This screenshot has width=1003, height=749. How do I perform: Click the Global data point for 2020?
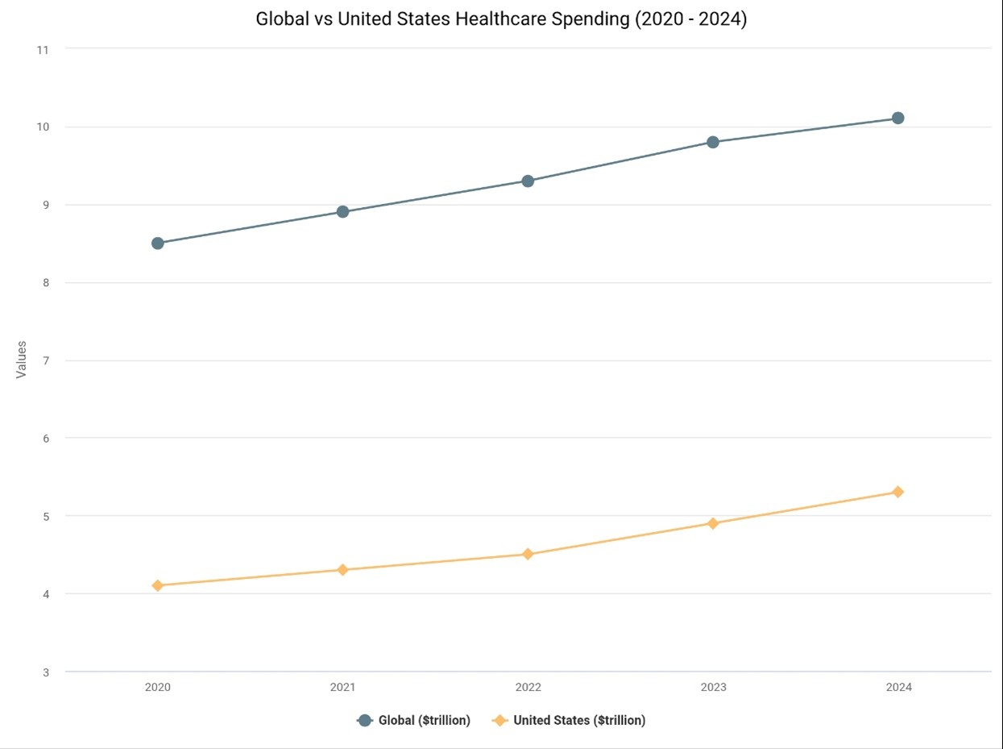(158, 243)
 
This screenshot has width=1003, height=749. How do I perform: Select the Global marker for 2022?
(528, 181)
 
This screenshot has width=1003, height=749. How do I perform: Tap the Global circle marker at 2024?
(897, 118)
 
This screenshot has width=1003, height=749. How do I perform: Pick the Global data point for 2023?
(713, 142)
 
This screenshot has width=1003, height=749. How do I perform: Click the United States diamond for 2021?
(342, 570)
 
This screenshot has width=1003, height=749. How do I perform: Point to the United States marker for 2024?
(897, 492)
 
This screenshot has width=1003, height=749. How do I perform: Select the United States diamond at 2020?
(158, 585)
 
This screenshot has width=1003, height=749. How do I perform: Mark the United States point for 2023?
(713, 523)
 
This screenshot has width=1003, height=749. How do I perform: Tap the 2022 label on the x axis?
(528, 688)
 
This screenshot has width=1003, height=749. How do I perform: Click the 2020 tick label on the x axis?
(158, 688)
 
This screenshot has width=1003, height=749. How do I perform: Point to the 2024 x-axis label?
(898, 688)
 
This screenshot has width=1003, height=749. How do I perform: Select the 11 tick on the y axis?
(43, 49)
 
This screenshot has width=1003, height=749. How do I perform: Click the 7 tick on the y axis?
(45, 360)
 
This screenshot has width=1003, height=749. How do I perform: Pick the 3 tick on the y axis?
(45, 672)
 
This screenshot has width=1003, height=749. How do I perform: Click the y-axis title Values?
(22, 360)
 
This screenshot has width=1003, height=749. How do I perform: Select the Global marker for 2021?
(342, 212)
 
